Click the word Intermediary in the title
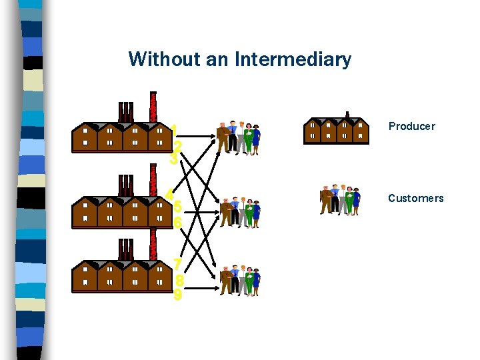293,59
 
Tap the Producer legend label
411,126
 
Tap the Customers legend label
415,198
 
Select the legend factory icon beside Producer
337,129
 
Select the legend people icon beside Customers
340,199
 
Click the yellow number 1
173,129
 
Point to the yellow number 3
174,159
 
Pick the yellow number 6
177,223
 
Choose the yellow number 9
177,294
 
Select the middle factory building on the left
120,209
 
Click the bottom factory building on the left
120,275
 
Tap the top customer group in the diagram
238,137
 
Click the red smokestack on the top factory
154,107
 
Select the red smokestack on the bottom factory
154,245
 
